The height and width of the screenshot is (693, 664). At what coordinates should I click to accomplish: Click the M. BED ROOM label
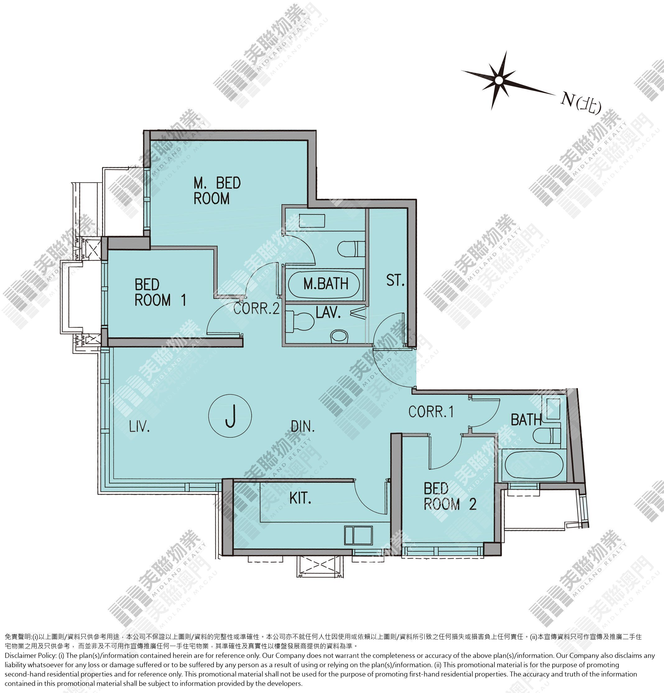click(217, 191)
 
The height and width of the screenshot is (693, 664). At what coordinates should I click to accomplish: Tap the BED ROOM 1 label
click(160, 292)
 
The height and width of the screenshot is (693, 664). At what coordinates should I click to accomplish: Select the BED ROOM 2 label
click(450, 496)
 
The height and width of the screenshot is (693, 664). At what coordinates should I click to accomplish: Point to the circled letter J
click(230, 416)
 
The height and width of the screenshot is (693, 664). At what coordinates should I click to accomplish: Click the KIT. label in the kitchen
click(300, 498)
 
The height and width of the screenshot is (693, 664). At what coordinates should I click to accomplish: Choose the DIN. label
click(303, 426)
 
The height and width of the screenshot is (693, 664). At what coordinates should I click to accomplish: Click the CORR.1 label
click(431, 412)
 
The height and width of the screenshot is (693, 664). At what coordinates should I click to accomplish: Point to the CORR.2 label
click(257, 308)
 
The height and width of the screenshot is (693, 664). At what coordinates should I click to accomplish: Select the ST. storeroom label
click(395, 280)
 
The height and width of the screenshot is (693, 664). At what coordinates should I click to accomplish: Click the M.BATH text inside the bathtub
click(326, 284)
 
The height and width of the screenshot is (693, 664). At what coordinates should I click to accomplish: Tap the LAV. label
click(328, 312)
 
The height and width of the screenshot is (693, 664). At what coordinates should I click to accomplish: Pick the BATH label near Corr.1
click(526, 420)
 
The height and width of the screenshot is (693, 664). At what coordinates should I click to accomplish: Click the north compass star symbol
click(499, 81)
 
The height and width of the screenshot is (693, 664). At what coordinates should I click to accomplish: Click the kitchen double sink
click(359, 535)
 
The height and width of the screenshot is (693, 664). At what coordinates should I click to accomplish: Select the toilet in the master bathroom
click(351, 249)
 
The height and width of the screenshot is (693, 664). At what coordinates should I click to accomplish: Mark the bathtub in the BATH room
click(534, 465)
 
